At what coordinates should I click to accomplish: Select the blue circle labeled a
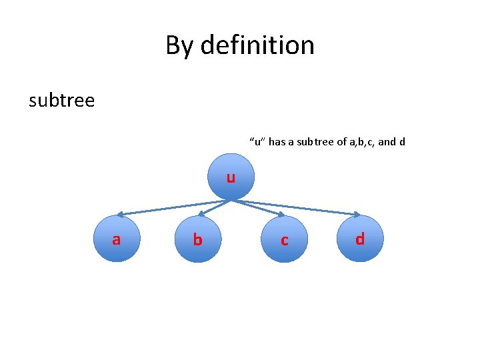coord(117,239)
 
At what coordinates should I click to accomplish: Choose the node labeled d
coord(360,239)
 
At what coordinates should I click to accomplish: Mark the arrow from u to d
coord(300,207)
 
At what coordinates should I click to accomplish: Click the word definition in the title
coord(257,45)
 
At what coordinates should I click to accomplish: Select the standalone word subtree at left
coord(62,101)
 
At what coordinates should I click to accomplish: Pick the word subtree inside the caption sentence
coord(317,141)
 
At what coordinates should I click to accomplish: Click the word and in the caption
coord(387,141)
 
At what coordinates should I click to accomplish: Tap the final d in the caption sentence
coord(402,141)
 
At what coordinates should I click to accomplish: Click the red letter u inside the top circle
coord(230,178)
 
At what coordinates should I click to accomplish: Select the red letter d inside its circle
coord(360,239)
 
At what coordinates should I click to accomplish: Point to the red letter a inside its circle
coord(117,239)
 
